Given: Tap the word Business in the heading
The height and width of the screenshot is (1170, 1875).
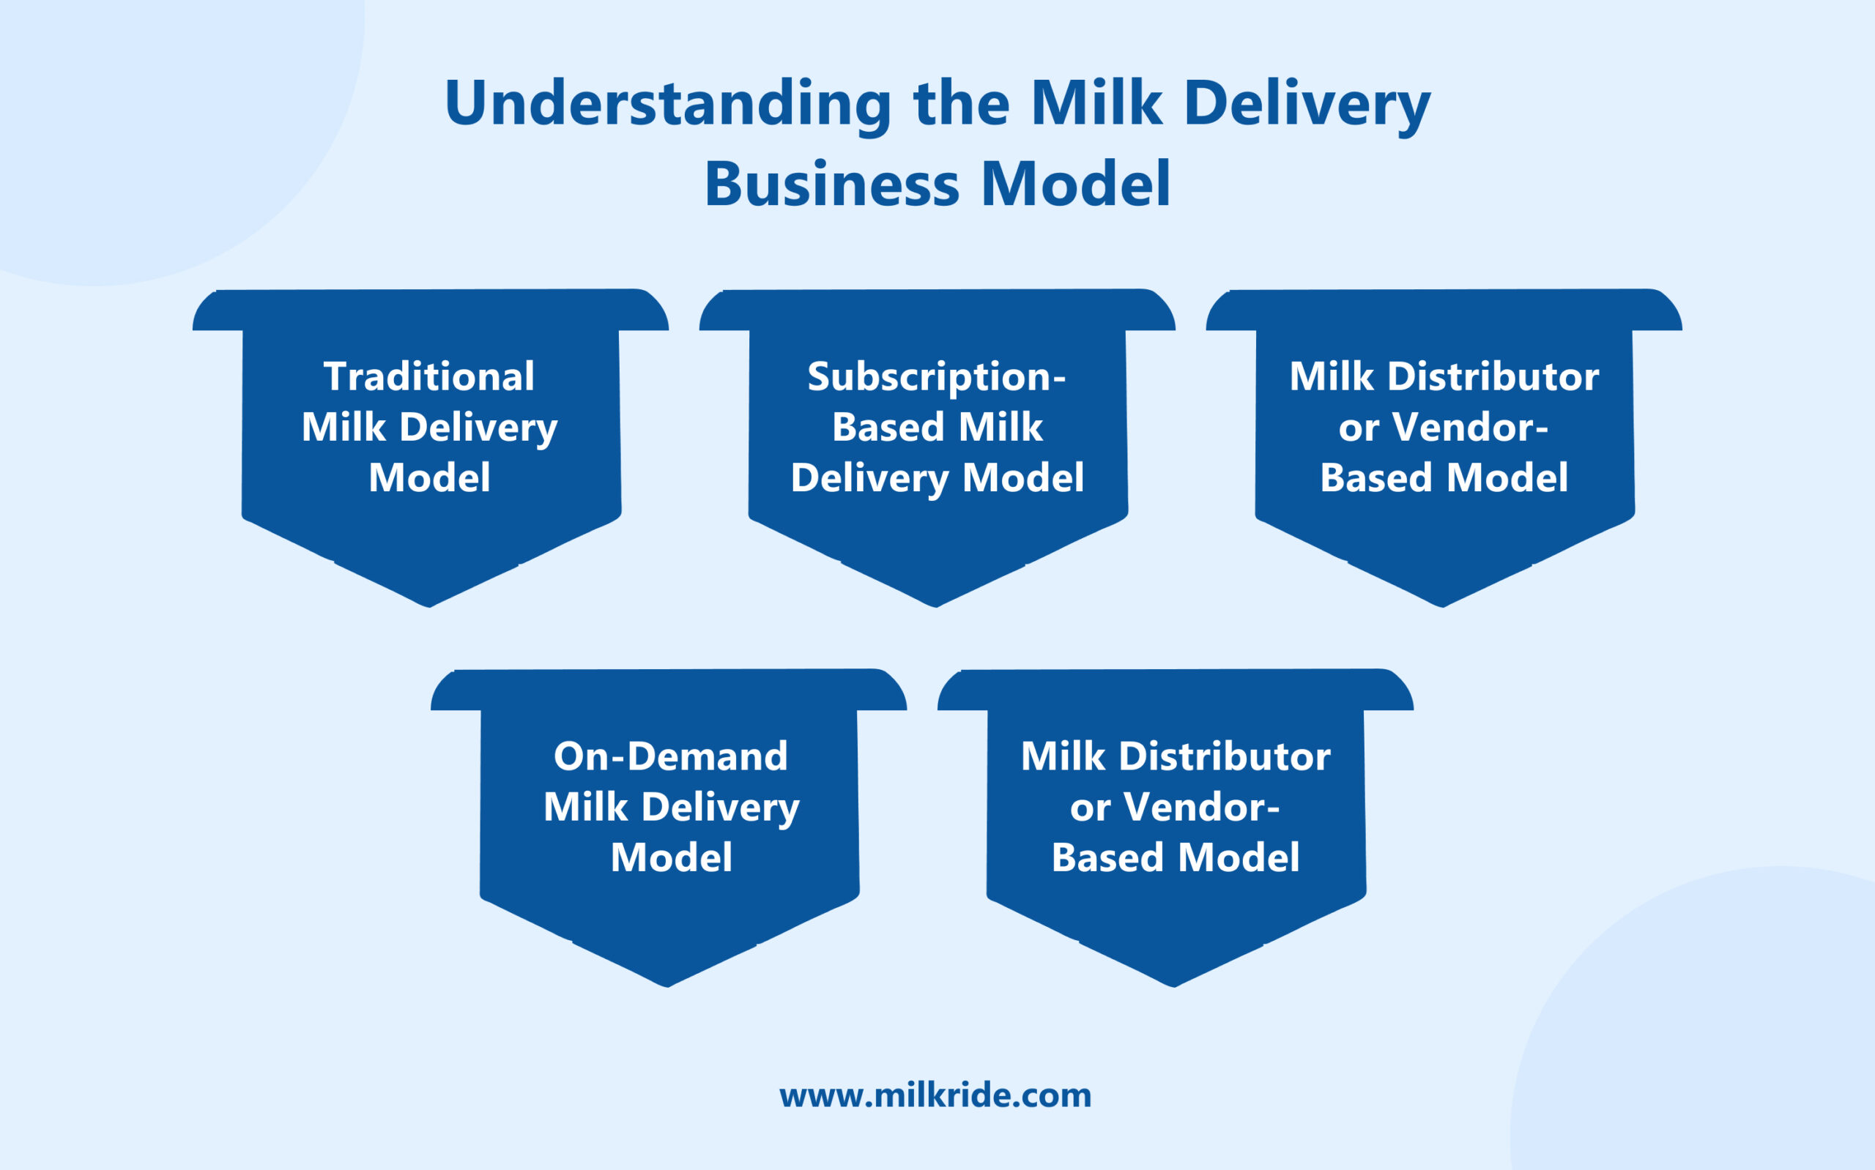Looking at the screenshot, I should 832,185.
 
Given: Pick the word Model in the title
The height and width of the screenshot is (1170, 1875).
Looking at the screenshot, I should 1076,185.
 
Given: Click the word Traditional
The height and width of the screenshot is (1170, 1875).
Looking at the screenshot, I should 429,377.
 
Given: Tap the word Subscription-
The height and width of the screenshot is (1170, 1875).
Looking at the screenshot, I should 936,377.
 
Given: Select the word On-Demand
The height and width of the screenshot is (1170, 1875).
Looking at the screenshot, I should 670,756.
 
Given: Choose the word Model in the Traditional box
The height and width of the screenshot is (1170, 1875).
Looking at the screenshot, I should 429,477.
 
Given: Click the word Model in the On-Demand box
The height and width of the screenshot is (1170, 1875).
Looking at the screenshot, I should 671,857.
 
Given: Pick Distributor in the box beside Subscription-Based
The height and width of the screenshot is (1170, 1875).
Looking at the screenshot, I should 1493,377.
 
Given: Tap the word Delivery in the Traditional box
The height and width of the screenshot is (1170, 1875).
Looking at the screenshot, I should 478,427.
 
